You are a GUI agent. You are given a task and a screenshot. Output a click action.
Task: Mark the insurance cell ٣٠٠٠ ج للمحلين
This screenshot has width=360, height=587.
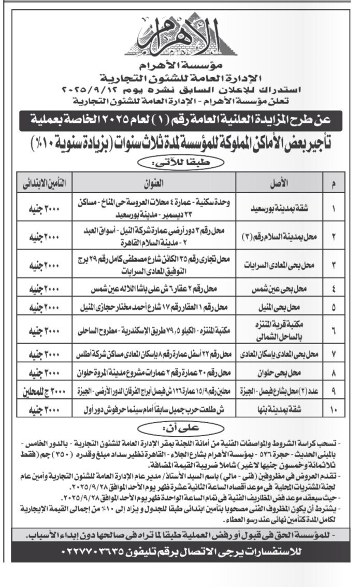[x=43, y=391]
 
